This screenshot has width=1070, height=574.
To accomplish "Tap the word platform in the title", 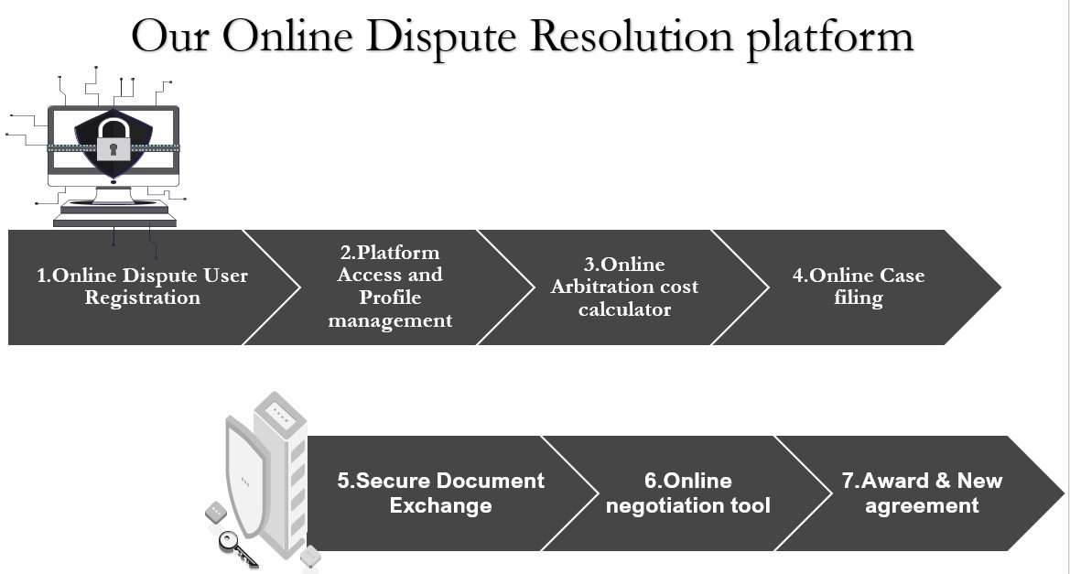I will coord(829,37).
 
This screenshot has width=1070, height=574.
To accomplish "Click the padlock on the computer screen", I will coord(113,141).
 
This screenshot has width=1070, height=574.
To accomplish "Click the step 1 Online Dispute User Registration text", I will coord(142,287).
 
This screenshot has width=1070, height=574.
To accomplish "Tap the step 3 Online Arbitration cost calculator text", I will coord(624,287).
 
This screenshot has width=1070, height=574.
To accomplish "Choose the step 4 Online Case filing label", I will coord(858,287).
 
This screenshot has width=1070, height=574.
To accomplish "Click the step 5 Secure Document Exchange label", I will coord(440,493).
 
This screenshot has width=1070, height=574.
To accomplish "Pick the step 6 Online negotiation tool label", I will coord(687,493).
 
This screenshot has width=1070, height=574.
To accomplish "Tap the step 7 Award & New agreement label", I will coord(922,493).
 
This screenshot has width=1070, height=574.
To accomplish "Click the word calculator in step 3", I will coord(624,309).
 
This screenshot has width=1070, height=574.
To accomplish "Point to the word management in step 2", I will coord(390,320).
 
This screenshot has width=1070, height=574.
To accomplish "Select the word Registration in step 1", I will coord(142,298).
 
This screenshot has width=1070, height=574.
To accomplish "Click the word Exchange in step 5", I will coord(440,505).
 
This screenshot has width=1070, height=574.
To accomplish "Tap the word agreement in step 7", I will coord(922,505).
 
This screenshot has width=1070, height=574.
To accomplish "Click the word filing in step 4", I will coord(858,298).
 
